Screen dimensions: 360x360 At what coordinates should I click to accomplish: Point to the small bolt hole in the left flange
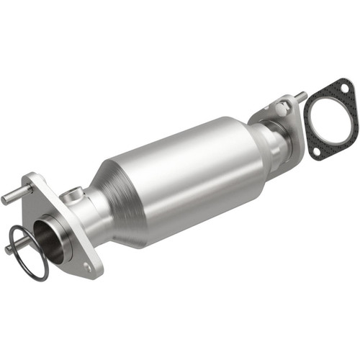(x=87, y=267)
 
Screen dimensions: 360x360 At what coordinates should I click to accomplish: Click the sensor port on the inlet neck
(x=72, y=194)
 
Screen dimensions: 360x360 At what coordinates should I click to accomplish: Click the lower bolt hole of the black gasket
(x=317, y=152)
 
